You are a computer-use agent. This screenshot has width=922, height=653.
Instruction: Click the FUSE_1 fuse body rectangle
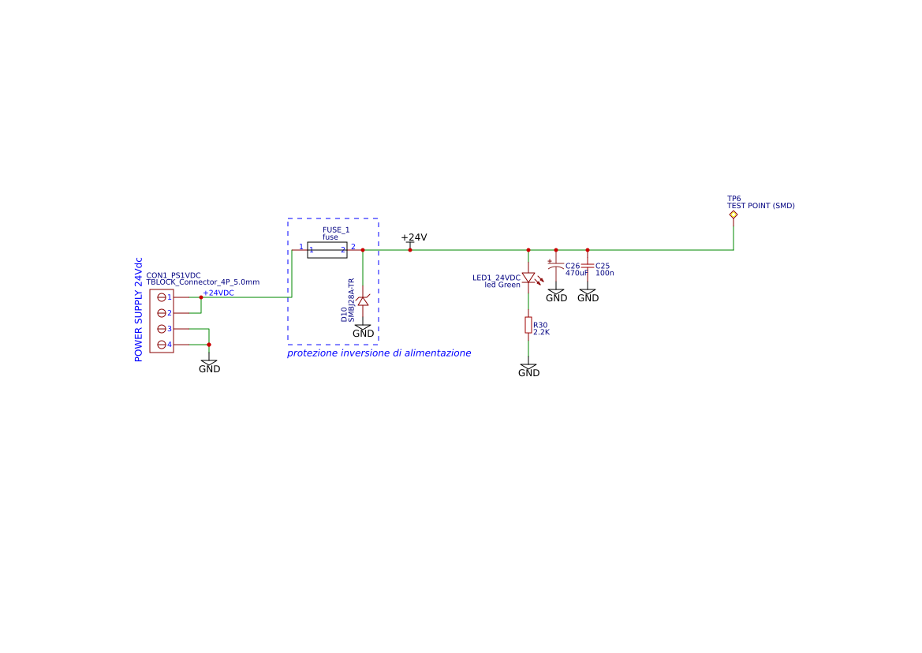(x=327, y=250)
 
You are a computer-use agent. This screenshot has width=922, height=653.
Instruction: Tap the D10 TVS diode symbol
(x=363, y=301)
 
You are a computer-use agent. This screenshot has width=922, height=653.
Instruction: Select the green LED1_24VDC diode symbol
(x=528, y=278)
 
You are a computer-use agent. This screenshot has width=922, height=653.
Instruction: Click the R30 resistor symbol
(x=528, y=325)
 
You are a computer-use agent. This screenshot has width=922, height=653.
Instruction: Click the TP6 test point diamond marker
(x=733, y=215)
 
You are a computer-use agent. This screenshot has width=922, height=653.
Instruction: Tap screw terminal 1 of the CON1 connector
(x=162, y=297)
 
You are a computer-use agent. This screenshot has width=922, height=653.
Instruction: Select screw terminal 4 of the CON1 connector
(x=162, y=345)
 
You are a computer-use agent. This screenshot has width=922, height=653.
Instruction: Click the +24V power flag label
(x=413, y=237)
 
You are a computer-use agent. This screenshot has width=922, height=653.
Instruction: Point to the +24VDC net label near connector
(x=218, y=293)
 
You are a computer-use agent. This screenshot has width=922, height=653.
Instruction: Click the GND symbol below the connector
(x=209, y=366)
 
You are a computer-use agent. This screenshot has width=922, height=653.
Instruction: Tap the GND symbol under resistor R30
(x=528, y=370)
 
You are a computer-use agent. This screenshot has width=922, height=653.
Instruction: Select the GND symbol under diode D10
(x=363, y=330)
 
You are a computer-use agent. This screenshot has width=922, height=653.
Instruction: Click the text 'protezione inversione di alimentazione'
(x=379, y=353)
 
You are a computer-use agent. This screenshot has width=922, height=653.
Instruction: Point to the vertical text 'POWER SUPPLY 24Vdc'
(x=139, y=309)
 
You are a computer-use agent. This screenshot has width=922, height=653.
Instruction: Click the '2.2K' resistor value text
(x=542, y=333)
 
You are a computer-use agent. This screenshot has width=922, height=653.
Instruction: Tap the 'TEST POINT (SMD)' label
(x=760, y=206)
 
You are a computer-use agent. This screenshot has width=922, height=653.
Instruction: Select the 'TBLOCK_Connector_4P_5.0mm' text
(x=203, y=282)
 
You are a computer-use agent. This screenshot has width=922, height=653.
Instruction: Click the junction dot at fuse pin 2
(x=363, y=250)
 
